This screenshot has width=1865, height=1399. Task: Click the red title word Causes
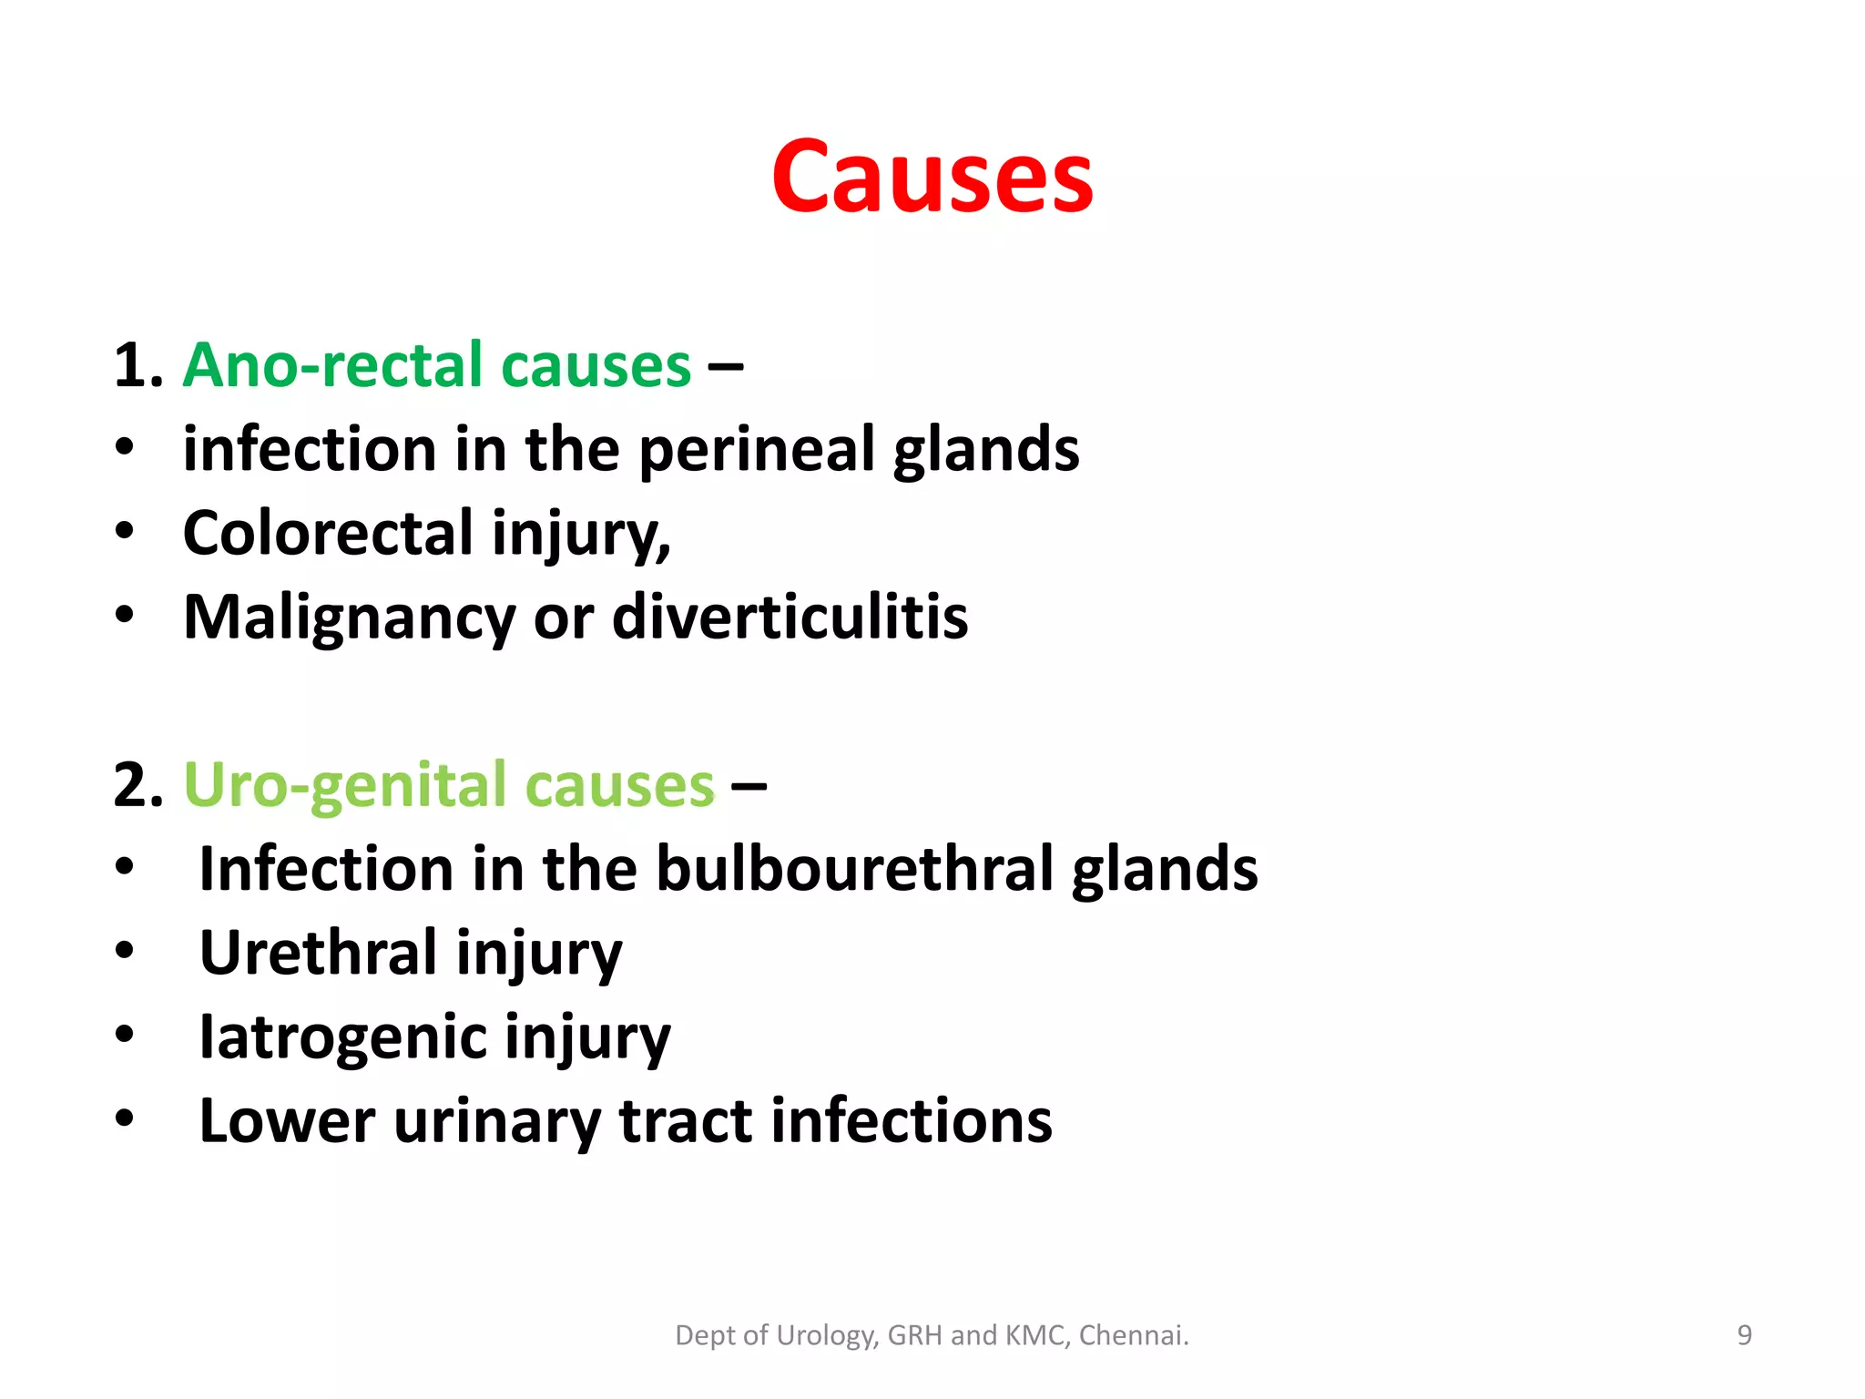(932, 178)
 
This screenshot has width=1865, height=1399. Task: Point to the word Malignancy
(349, 618)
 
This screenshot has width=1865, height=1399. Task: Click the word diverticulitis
(790, 617)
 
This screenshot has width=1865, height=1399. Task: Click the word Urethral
(318, 953)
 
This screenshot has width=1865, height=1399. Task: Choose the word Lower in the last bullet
(287, 1120)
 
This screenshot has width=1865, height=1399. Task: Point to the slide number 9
(1744, 1335)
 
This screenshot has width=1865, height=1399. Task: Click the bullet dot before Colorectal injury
(125, 531)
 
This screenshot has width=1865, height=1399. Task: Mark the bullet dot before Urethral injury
(125, 951)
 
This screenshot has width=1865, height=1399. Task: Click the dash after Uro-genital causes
(749, 785)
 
